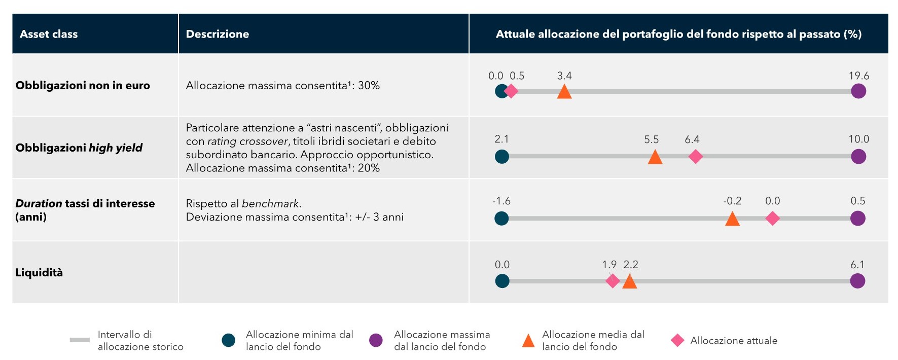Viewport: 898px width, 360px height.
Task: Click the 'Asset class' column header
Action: coord(49,34)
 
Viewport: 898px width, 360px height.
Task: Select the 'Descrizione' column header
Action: coord(217,34)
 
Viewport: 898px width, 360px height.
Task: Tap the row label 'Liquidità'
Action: coord(39,272)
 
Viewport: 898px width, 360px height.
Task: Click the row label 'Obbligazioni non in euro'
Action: coord(83,85)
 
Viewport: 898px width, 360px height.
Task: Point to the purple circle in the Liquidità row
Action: coord(857,281)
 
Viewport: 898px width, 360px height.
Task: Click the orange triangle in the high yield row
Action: coord(655,157)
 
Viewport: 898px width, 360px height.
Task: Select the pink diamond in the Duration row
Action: coord(772,219)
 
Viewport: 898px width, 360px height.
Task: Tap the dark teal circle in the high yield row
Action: coord(501,157)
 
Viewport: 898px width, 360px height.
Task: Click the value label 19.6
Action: coord(858,76)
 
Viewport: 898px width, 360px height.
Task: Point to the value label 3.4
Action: coord(564,76)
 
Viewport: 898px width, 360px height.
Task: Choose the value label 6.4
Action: coord(692,139)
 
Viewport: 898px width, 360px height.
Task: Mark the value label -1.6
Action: coord(501,201)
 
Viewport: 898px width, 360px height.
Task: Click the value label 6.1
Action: coord(857,265)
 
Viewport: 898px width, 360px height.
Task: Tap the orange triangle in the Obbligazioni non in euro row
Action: coord(564,92)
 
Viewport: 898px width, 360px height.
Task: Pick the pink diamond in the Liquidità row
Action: coord(613,281)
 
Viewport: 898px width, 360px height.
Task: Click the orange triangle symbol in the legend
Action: coord(528,341)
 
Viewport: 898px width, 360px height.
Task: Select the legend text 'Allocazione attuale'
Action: coord(733,341)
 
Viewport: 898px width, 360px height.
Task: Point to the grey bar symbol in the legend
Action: coord(80,340)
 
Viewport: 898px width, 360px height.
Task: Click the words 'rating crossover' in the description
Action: coord(247,141)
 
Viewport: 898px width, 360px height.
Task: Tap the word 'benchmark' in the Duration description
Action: coord(270,204)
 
